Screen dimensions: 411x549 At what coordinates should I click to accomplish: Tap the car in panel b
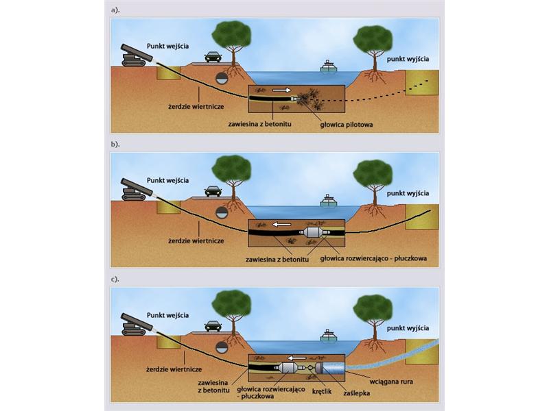click(x=213, y=191)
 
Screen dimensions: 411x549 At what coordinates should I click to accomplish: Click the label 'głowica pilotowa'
click(x=347, y=125)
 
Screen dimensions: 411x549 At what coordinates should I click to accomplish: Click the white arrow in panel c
click(x=296, y=357)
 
